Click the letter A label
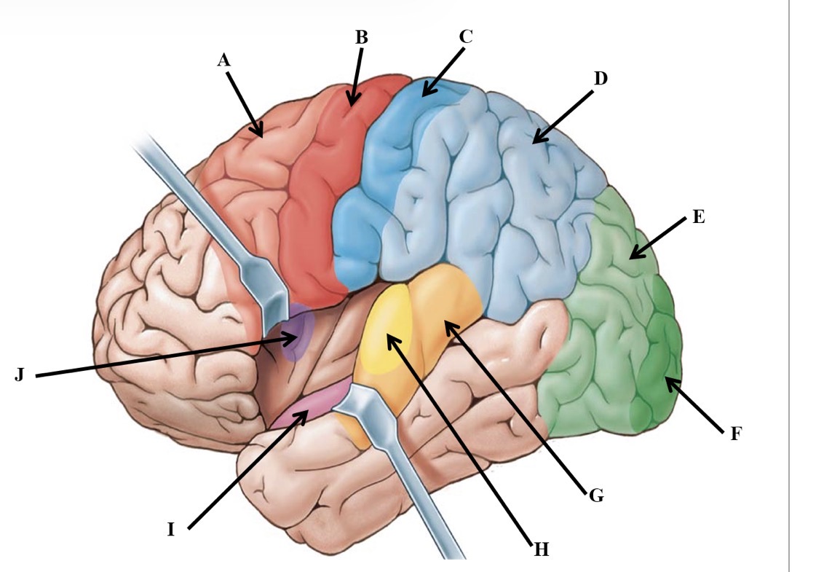pos(224,60)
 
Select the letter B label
pos(361,37)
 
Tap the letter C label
pos(465,36)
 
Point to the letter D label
pos(600,79)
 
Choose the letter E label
pos(698,216)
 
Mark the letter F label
pos(735,434)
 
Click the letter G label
pos(596,495)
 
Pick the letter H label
pos(541,549)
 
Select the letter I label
pos(170,530)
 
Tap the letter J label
pos(20,375)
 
